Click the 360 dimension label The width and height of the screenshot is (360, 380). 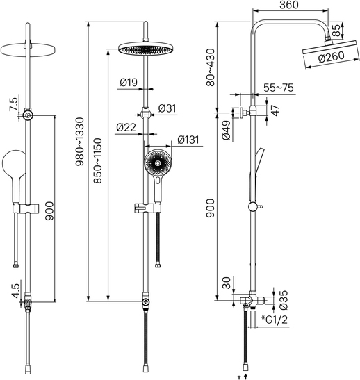(288, 5)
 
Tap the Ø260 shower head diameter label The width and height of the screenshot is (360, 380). (331, 57)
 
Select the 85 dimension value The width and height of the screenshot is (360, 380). (336, 31)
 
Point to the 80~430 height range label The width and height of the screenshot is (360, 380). (211, 67)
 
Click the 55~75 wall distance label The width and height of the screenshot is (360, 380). (278, 88)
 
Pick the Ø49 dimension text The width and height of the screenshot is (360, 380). (226, 130)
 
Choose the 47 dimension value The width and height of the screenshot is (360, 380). (275, 110)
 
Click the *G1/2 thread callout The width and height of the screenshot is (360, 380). (275, 320)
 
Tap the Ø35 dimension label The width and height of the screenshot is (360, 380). (284, 300)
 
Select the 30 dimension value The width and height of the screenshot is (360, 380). (226, 283)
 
